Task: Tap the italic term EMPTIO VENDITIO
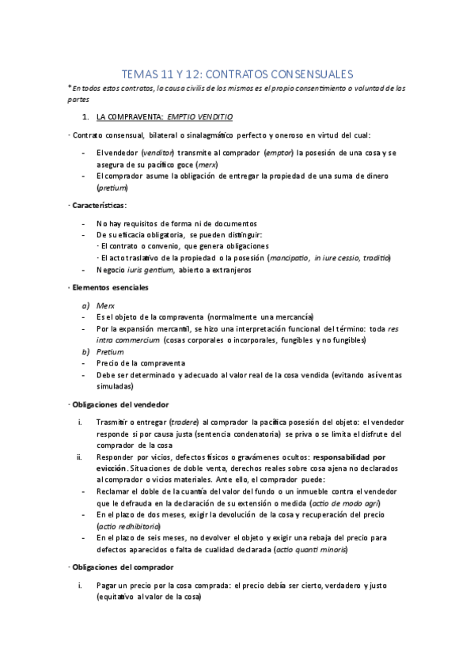point(200,116)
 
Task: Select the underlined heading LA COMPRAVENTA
point(130,116)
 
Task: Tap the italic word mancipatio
point(289,258)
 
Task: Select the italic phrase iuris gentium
point(151,270)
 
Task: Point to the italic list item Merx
point(104,305)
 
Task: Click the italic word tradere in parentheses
point(184,422)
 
